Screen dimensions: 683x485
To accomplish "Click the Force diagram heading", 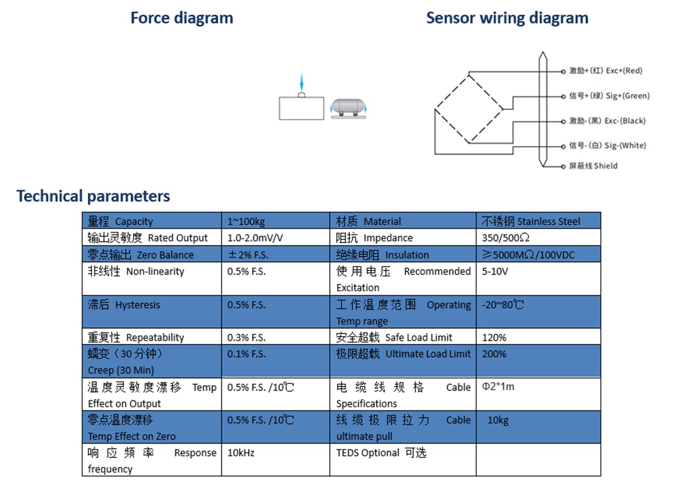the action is [x=182, y=18].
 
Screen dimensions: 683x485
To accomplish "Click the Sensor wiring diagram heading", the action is [x=507, y=18].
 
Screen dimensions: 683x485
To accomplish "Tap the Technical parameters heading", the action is [x=93, y=196].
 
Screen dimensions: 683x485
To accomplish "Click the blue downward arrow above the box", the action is [x=302, y=81].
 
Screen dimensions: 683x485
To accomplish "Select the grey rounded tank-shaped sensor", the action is [x=348, y=108].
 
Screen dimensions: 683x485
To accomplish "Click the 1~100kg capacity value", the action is [x=246, y=221].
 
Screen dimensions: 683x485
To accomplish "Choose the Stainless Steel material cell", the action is [x=531, y=221].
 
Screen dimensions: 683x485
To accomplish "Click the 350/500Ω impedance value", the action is [x=505, y=238].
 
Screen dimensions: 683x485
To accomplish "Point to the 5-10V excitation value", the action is [x=495, y=271].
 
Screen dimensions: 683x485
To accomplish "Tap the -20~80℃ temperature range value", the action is [x=503, y=305].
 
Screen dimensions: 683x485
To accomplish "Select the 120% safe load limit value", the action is [x=494, y=338].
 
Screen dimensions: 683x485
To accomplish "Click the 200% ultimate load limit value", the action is [x=494, y=354].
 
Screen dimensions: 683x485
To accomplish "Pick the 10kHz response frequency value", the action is [x=241, y=453].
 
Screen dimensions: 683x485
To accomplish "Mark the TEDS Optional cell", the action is [x=381, y=453].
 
